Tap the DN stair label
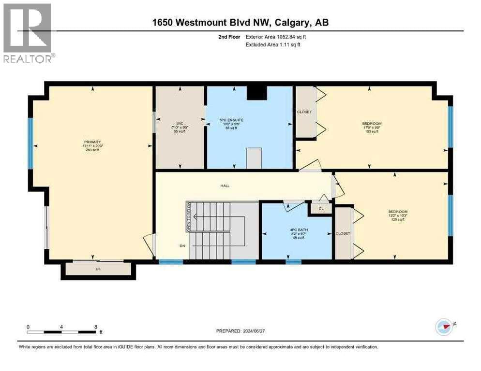(182, 246)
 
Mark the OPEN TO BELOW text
(189, 217)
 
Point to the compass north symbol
(444, 327)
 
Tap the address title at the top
(240, 23)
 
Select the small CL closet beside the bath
(321, 209)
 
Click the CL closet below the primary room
(98, 269)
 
